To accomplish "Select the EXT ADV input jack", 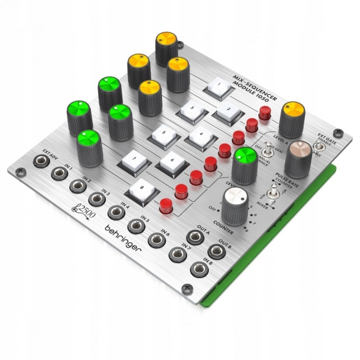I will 42,163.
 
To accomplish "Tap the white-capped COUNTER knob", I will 236,205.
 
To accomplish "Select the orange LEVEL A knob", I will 291,113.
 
